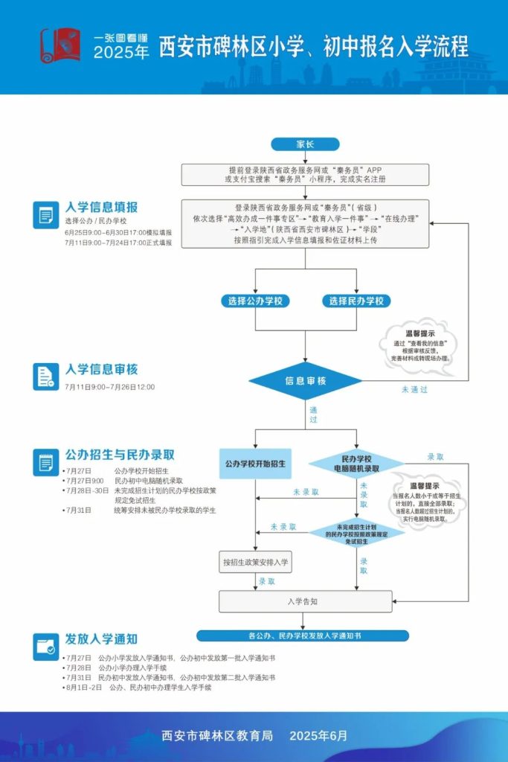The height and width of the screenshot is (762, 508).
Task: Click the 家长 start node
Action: (x=305, y=144)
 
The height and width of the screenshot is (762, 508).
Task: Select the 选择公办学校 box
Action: (x=255, y=301)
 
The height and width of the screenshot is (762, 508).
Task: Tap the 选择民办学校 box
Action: (x=357, y=301)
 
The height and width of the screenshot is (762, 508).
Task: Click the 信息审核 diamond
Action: (x=306, y=381)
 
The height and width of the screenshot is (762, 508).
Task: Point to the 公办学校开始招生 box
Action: (x=255, y=464)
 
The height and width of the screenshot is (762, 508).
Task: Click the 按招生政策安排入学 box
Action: (x=256, y=562)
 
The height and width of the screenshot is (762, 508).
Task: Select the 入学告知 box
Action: (x=305, y=601)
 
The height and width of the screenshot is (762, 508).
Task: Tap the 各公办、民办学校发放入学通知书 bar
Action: (x=303, y=636)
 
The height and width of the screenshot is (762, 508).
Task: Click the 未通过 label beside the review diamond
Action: (x=414, y=389)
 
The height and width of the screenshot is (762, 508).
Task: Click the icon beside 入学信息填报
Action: (x=46, y=215)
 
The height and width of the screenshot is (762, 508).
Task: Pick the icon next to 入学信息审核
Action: (x=46, y=377)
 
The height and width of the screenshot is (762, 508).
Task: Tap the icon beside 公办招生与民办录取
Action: (x=46, y=463)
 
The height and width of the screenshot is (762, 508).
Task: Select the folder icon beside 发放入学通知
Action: (x=46, y=647)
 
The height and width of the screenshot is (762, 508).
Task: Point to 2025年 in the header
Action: (x=121, y=54)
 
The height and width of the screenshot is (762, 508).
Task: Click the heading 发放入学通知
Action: (x=101, y=639)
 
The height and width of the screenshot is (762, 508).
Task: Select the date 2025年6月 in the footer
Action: (x=318, y=736)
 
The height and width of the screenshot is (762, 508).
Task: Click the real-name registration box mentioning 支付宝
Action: (x=305, y=175)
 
